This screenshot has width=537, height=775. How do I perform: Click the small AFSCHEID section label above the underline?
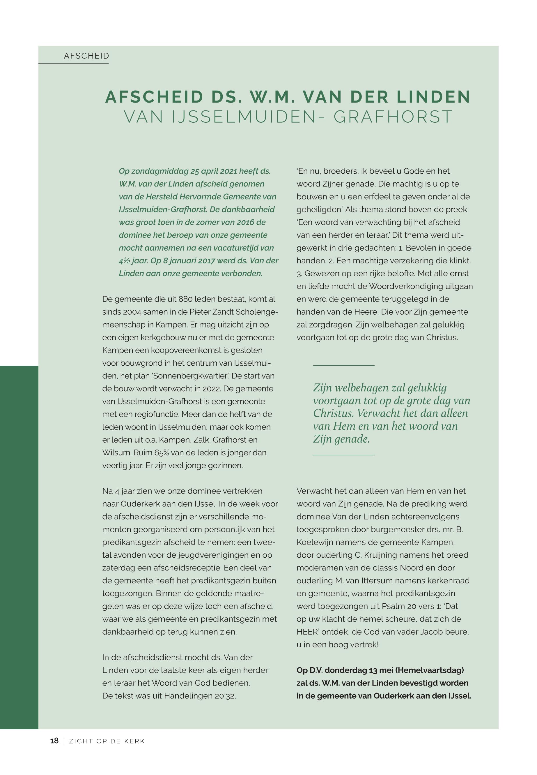click(86, 56)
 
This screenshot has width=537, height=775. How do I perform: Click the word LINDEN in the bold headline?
click(433, 97)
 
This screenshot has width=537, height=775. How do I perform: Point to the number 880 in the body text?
click(185, 299)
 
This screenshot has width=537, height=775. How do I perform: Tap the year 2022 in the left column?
click(212, 389)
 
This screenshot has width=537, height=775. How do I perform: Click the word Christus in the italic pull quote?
click(333, 414)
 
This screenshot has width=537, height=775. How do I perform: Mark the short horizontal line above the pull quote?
click(343, 365)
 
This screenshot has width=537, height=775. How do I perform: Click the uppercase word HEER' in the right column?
click(308, 632)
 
